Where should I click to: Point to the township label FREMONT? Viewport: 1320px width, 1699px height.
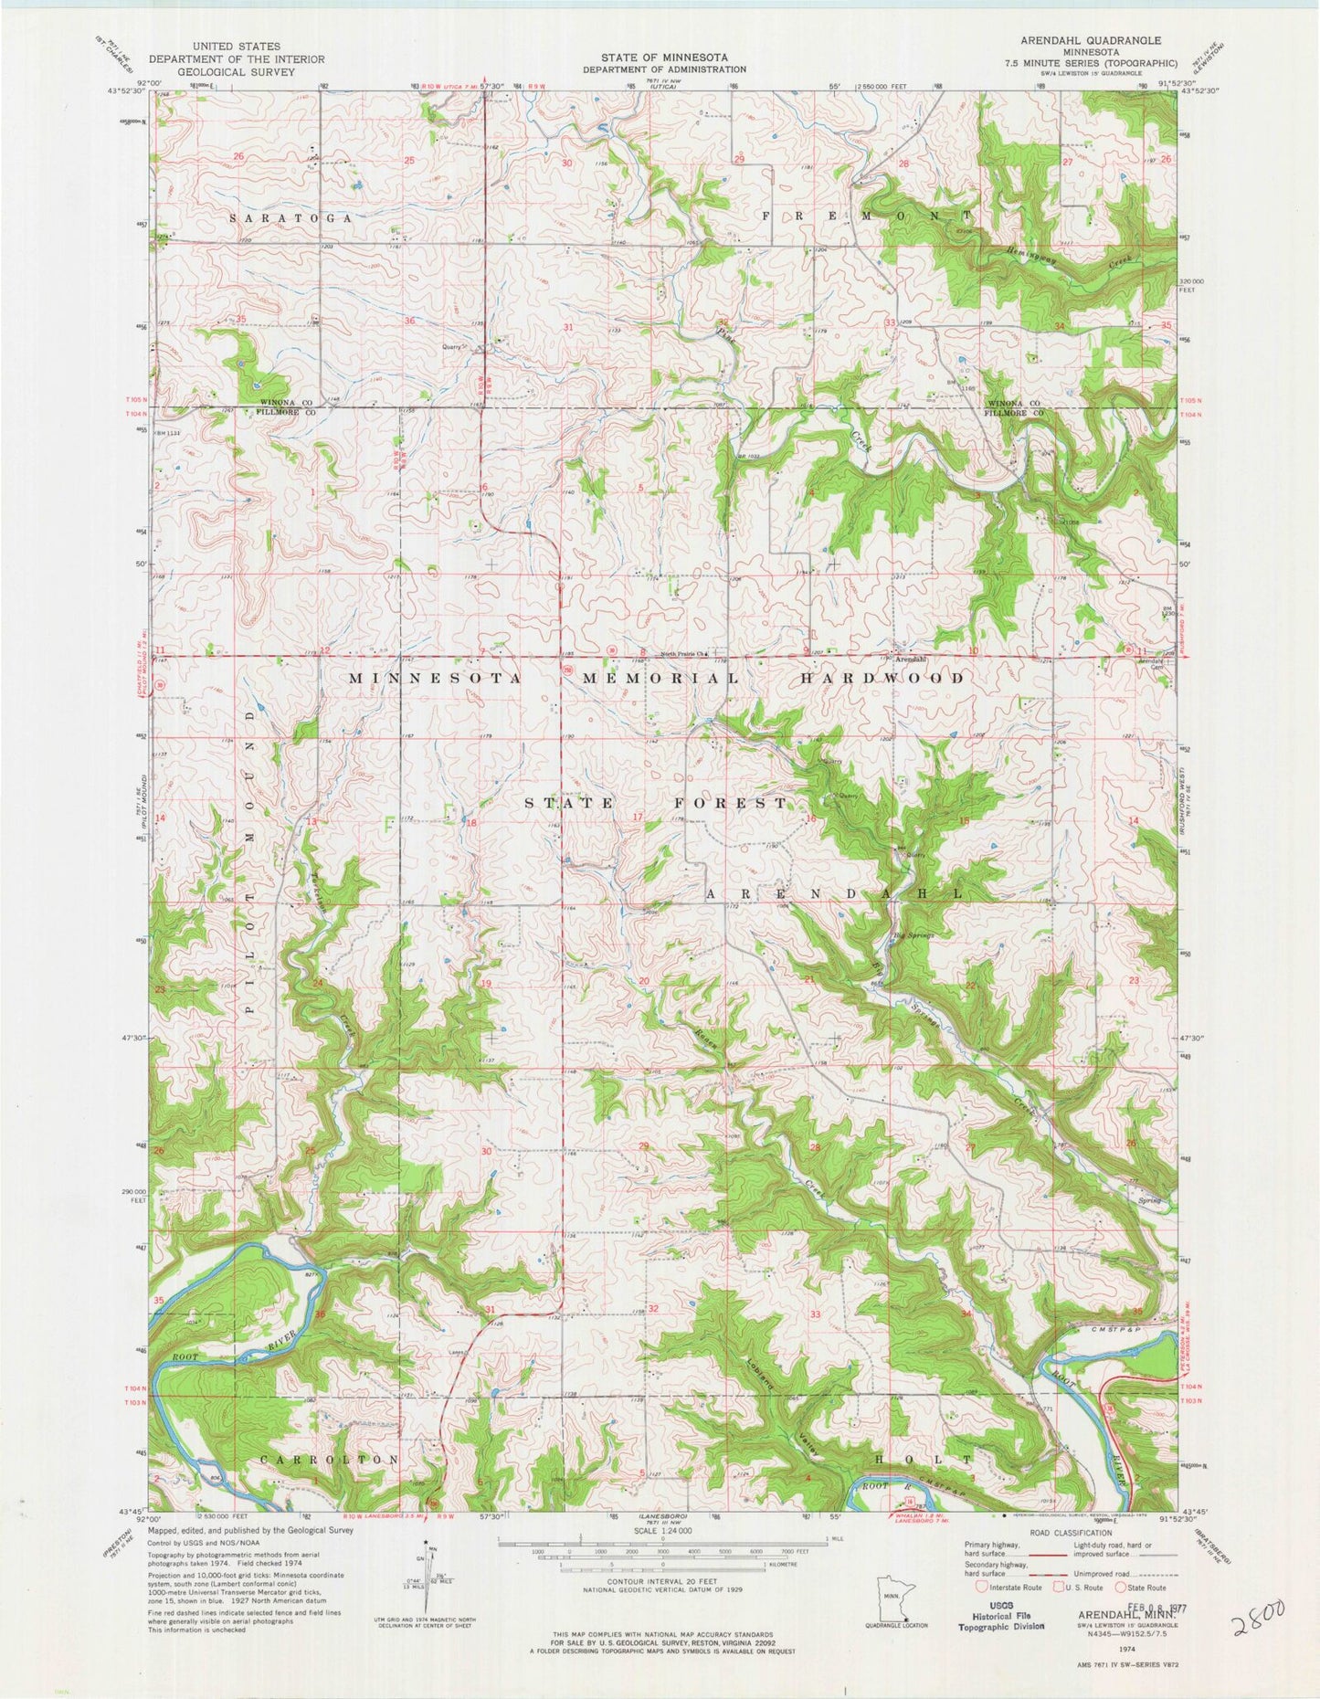(866, 215)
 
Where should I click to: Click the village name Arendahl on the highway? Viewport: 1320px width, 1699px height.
(910, 659)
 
